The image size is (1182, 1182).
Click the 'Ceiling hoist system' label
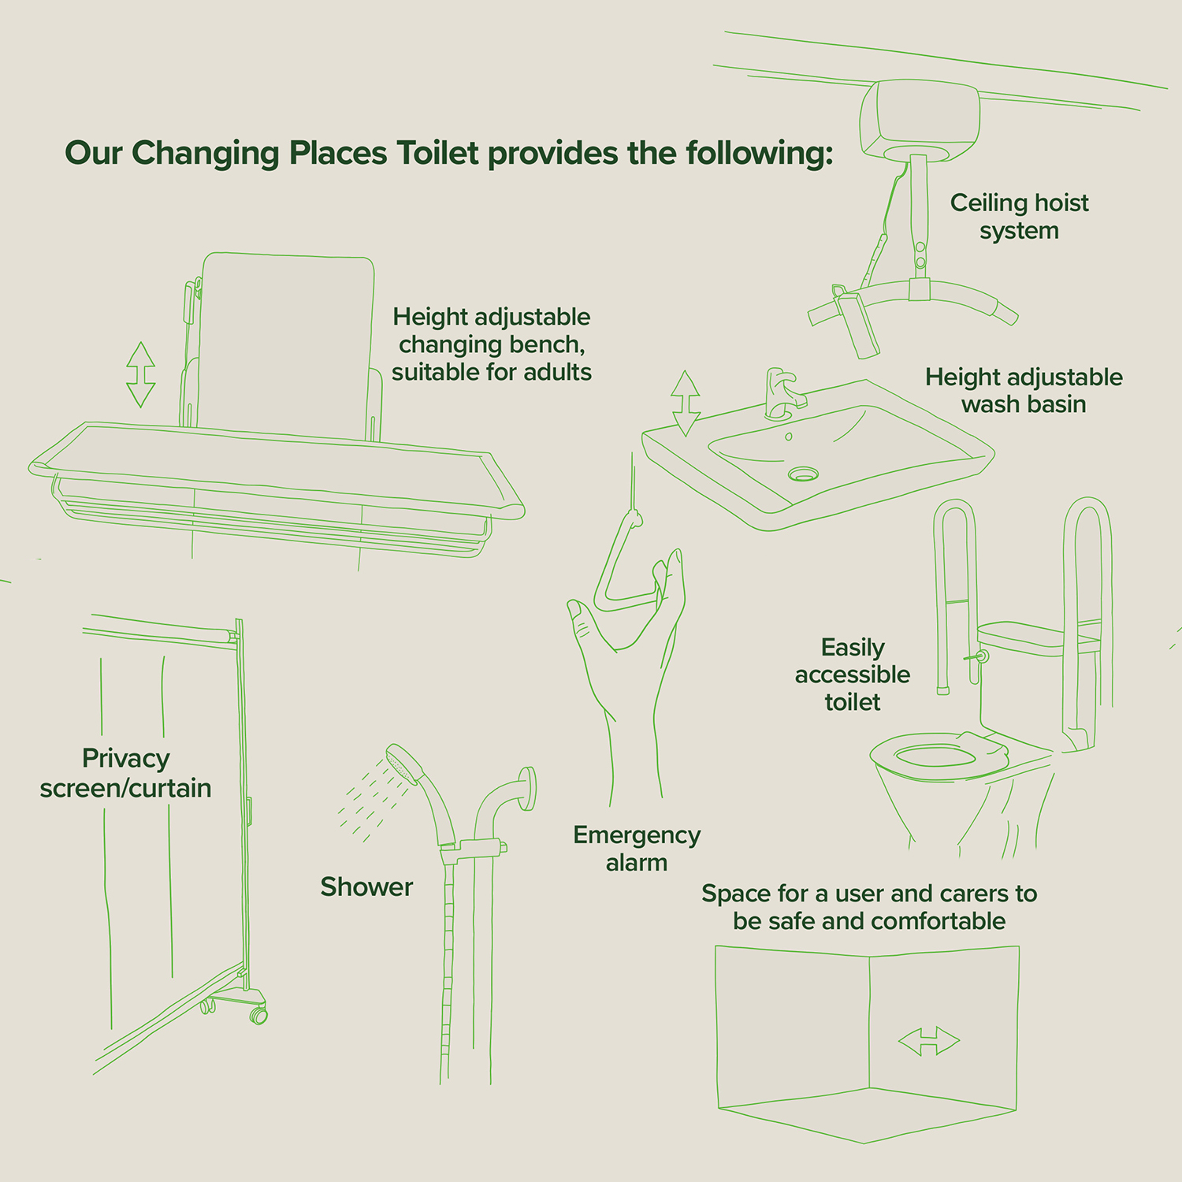pos(1019,216)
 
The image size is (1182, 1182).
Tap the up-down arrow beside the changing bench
pos(141,374)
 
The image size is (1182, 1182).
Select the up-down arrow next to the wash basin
pos(686,403)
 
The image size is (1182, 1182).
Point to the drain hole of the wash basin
pos(803,474)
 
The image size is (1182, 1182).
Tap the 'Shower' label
pos(366,886)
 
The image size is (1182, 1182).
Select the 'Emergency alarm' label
pos(637,848)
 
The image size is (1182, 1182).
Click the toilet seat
pos(938,755)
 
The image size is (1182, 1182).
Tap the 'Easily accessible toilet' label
pos(853,675)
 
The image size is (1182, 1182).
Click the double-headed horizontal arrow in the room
pos(929,1041)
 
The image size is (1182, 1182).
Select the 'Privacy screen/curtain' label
pos(126,772)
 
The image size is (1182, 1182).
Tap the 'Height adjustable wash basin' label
pos(1024,390)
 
